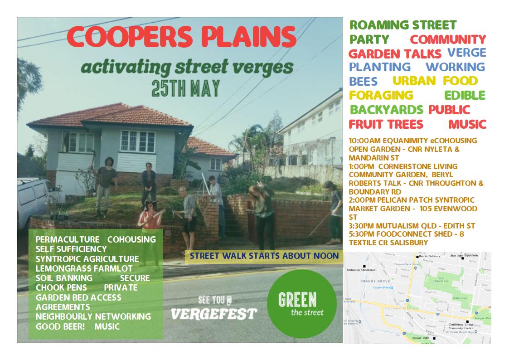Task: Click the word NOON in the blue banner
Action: click(x=325, y=256)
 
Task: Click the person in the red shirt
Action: click(x=149, y=222)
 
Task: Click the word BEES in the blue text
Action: click(x=363, y=81)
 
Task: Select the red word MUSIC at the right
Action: click(x=467, y=124)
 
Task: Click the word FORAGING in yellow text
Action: click(x=381, y=95)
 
